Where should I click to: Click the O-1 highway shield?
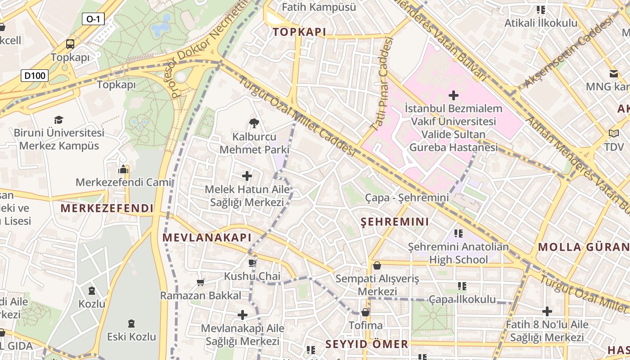(93, 19)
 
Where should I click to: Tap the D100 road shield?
(35, 75)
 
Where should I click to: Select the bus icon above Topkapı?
(70, 44)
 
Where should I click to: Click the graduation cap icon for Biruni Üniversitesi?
(59, 120)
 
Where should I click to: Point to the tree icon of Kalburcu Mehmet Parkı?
(254, 123)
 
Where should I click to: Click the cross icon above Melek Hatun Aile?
(247, 176)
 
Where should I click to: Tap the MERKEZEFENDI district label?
(107, 208)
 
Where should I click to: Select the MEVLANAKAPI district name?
(207, 238)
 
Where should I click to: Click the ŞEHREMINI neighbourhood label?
(395, 221)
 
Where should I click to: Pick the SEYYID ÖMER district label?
(367, 344)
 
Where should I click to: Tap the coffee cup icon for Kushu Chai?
(252, 263)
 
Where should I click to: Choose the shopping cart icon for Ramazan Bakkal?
(201, 282)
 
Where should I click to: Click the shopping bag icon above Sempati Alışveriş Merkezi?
(377, 265)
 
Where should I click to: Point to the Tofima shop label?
(366, 325)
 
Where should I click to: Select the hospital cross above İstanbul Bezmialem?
(454, 95)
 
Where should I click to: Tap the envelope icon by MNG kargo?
(613, 73)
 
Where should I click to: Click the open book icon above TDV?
(614, 133)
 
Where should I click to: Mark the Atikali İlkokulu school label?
(540, 22)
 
